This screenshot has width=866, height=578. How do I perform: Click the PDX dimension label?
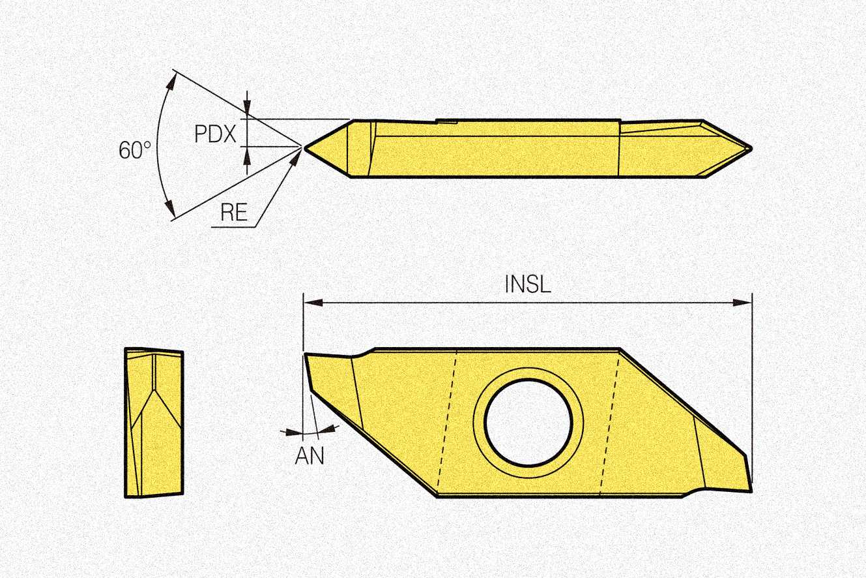click(x=215, y=134)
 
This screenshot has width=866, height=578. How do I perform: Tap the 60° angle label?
click(x=134, y=150)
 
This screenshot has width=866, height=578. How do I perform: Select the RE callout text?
click(x=234, y=212)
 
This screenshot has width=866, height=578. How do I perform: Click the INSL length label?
click(x=528, y=284)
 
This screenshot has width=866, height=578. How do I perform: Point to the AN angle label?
click(x=310, y=455)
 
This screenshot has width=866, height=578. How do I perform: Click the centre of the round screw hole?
click(x=528, y=423)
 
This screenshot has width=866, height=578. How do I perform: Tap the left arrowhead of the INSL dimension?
click(x=313, y=302)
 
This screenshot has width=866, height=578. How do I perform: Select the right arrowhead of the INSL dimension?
click(x=742, y=302)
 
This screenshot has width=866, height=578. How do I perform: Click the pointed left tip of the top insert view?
click(x=305, y=148)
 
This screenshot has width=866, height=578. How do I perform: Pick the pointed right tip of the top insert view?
click(x=751, y=148)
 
